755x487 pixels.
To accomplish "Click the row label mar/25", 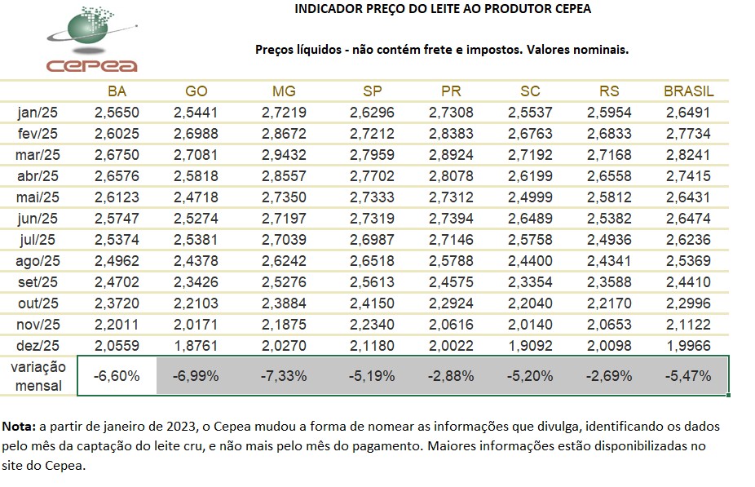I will pos(38,154).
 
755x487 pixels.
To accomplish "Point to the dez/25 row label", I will pos(38,345).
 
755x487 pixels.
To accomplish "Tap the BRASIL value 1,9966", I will pos(688,345).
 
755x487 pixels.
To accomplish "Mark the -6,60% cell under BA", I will pos(117,376).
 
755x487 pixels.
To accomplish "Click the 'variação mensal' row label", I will pos(38,376).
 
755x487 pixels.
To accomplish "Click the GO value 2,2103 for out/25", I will pos(196,303).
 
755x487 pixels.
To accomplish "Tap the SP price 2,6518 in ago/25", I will pos(371,260).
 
